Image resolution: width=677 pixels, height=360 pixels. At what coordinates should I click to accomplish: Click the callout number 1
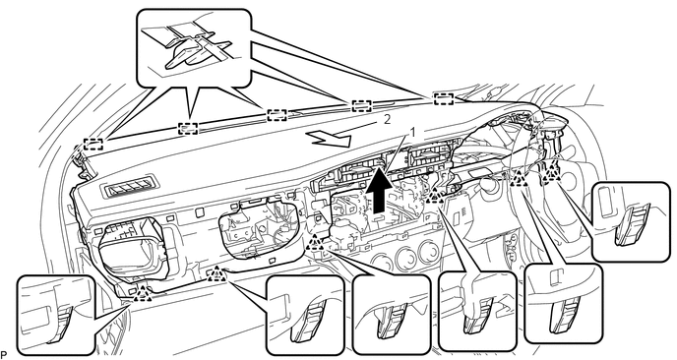(x=412, y=133)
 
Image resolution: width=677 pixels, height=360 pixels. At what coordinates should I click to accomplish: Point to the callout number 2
(x=387, y=119)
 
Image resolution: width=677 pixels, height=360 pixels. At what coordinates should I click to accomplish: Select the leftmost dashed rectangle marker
(x=93, y=144)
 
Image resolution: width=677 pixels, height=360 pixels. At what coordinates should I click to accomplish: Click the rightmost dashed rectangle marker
(x=444, y=98)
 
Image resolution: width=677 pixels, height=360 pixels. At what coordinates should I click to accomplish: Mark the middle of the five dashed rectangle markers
(x=277, y=115)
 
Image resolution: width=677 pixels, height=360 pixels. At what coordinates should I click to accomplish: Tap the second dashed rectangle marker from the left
(x=188, y=128)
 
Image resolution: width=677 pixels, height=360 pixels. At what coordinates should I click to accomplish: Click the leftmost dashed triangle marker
(x=142, y=293)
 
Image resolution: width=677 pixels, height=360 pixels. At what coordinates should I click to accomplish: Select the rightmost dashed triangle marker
(x=551, y=174)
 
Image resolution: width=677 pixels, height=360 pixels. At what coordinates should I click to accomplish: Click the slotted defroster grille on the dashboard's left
(x=127, y=190)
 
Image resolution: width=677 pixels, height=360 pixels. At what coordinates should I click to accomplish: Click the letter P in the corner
(x=4, y=355)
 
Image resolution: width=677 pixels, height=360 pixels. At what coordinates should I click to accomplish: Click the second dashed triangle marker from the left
(x=215, y=274)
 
